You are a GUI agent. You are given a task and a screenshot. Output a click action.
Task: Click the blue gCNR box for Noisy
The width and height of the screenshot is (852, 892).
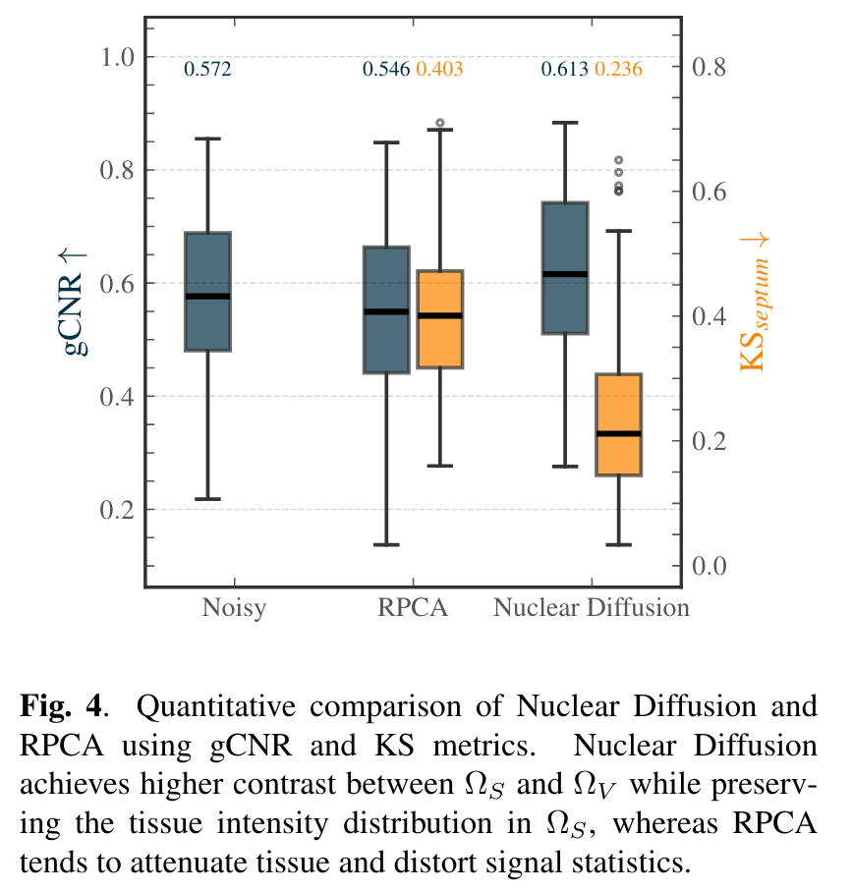click(x=208, y=291)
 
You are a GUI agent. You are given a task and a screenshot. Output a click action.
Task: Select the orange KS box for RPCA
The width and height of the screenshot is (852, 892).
click(x=439, y=319)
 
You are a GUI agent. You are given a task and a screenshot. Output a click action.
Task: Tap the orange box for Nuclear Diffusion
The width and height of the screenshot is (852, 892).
click(x=618, y=424)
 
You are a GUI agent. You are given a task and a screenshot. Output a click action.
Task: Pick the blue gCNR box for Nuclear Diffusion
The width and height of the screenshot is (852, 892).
click(x=565, y=268)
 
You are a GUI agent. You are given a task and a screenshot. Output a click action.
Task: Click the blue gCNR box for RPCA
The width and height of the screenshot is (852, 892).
click(x=386, y=309)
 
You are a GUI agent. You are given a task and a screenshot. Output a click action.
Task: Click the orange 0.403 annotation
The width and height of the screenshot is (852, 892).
click(x=439, y=69)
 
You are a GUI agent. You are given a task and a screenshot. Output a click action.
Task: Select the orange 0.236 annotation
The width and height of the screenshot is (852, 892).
click(x=619, y=69)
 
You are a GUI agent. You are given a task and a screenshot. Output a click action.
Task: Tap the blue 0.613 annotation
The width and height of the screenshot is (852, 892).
click(x=565, y=69)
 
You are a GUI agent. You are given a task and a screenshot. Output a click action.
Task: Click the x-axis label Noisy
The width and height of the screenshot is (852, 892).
click(x=234, y=607)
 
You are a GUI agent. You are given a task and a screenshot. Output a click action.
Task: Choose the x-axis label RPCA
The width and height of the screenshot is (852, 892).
click(x=413, y=607)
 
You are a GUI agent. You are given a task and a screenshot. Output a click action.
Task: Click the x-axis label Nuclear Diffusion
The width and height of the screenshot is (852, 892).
click(x=592, y=607)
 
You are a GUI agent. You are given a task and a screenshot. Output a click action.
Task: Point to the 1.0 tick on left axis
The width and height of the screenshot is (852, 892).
click(x=119, y=57)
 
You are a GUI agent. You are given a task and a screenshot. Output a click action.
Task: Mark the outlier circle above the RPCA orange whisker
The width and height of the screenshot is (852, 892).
click(x=440, y=124)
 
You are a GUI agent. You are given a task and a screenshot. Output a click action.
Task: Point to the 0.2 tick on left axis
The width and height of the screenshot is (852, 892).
click(x=119, y=510)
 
